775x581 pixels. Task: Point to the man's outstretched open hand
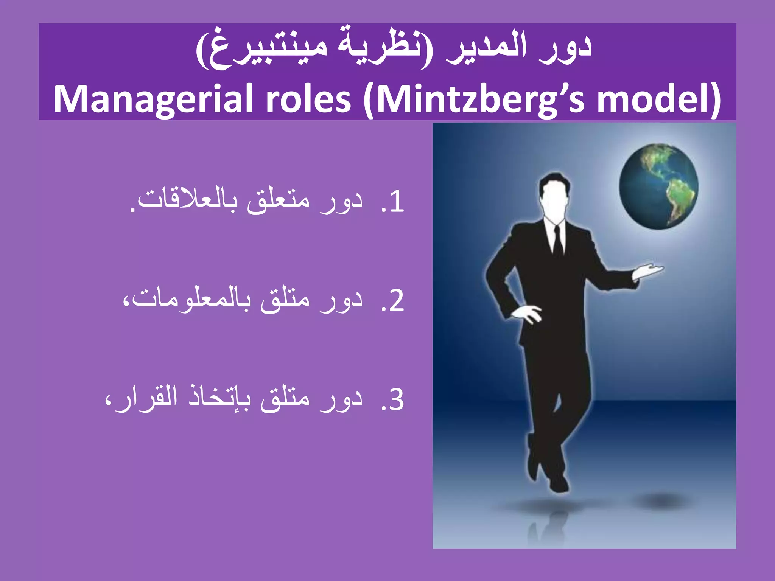tap(649, 270)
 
